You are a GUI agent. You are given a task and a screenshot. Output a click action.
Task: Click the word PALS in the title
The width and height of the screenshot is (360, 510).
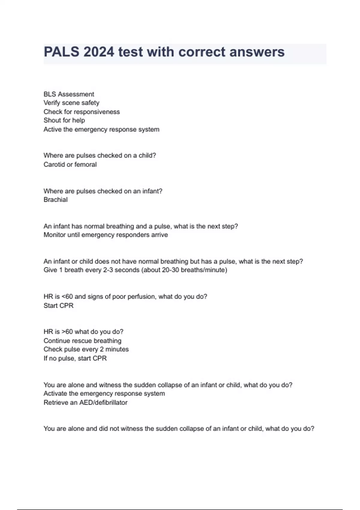[x=61, y=52]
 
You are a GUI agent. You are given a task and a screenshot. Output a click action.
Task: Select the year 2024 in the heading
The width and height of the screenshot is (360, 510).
[x=99, y=52]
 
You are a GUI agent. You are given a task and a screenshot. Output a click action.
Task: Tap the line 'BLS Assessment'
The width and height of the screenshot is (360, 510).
[x=69, y=94]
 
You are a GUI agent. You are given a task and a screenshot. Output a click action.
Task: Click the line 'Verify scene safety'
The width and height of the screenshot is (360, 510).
[x=71, y=103]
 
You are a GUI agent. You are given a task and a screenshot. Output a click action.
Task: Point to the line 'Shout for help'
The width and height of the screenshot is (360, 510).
[x=64, y=120]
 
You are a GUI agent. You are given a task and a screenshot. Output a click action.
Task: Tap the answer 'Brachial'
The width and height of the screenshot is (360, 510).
[x=55, y=200]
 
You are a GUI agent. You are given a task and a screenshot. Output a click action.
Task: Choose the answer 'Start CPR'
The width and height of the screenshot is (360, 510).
[x=58, y=306]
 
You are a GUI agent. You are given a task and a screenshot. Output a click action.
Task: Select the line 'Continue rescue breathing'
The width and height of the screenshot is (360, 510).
[x=82, y=341]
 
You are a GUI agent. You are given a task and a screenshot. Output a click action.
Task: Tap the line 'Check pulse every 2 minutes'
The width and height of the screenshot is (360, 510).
[x=86, y=349]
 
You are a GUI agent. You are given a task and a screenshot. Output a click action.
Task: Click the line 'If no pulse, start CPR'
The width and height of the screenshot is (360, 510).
[x=75, y=358]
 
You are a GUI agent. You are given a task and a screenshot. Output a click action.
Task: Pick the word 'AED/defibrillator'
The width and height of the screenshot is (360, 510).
[x=103, y=403]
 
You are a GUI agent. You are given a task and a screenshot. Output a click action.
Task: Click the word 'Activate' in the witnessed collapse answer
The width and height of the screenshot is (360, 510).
[x=55, y=394]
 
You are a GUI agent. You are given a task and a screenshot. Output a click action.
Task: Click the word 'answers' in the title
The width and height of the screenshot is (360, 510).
[x=257, y=52]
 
